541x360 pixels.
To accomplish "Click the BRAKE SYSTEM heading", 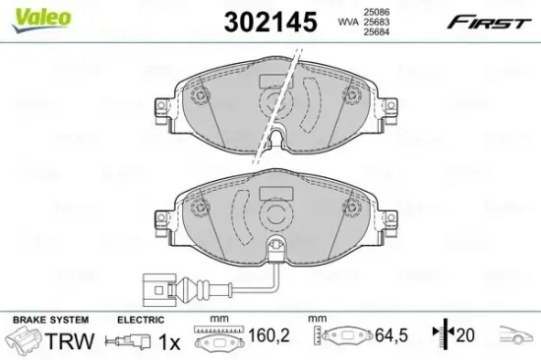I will [48, 321].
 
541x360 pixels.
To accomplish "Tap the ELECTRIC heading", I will [138, 321].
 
